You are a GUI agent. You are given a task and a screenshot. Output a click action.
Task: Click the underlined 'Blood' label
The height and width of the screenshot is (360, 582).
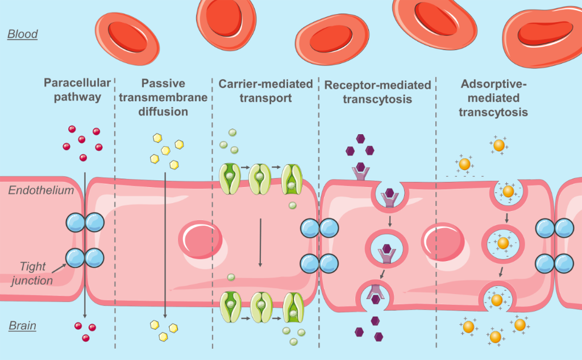pyautogui.click(x=23, y=35)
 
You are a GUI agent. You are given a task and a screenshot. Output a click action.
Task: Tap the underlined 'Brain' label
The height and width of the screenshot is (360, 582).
pyautogui.click(x=23, y=326)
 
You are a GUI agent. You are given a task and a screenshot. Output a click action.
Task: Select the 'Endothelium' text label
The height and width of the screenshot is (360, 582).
pyautogui.click(x=41, y=191)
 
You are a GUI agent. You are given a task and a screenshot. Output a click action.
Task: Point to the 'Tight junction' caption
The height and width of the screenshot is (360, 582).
pyautogui.click(x=36, y=273)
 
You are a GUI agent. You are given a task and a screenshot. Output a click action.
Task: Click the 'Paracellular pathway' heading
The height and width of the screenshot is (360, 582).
pyautogui.click(x=77, y=90)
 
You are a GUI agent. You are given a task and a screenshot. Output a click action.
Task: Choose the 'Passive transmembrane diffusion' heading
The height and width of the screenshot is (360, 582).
pyautogui.click(x=163, y=97)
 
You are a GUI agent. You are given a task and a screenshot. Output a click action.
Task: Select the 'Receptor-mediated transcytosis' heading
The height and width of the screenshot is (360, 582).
pyautogui.click(x=377, y=93)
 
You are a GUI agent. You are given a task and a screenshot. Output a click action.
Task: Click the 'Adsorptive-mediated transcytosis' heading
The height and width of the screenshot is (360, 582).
pyautogui.click(x=493, y=98)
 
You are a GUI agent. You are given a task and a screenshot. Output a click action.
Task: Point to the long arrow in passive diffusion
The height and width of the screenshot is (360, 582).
pyautogui.click(x=165, y=245)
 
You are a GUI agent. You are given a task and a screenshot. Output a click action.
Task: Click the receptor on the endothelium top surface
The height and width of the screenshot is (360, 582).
pyautogui.click(x=360, y=171)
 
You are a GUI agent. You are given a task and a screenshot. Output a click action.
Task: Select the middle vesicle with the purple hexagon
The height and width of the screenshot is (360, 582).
pyautogui.click(x=387, y=246)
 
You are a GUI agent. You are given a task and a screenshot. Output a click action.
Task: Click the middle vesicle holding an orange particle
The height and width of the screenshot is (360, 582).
pyautogui.click(x=502, y=243)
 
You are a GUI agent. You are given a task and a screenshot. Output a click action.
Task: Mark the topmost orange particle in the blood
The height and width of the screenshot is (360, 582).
pyautogui.click(x=498, y=146)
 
